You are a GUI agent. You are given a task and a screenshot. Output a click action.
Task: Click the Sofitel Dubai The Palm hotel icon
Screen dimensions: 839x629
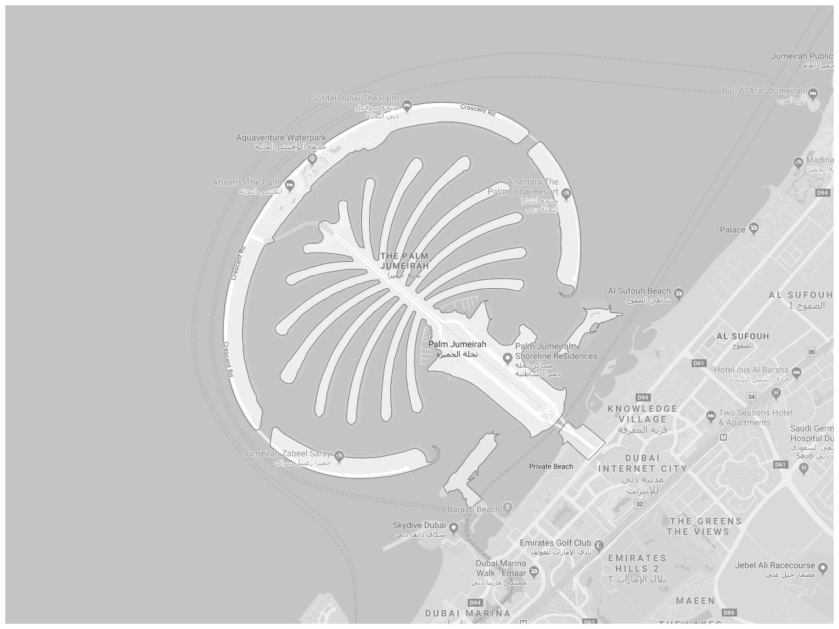[x=407, y=105]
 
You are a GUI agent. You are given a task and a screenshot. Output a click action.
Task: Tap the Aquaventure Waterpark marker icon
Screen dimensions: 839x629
[x=313, y=158]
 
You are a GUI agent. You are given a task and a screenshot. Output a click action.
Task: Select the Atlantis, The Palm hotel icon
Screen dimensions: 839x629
[x=290, y=185]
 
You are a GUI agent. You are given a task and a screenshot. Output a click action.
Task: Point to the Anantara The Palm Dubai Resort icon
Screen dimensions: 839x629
[x=566, y=193]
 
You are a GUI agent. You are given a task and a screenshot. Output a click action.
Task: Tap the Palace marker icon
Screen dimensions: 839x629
[x=754, y=229]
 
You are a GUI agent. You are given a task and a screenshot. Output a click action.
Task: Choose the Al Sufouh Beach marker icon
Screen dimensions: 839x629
[x=678, y=293]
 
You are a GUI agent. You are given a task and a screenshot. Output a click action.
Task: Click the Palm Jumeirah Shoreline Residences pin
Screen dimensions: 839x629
[x=507, y=358]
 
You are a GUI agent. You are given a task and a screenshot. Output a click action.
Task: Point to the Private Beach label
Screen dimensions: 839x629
[x=551, y=466]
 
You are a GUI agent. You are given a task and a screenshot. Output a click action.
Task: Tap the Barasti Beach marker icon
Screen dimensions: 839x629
[x=507, y=507]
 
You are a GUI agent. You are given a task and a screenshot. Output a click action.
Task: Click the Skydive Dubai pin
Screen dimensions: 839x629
[x=453, y=527]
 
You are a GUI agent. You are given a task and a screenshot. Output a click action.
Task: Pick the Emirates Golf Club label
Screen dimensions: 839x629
[x=556, y=543]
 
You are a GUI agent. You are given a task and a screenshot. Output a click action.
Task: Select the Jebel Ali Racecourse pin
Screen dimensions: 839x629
[x=822, y=566]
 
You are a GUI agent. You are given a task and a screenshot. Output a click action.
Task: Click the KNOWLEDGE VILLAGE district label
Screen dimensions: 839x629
[x=642, y=414]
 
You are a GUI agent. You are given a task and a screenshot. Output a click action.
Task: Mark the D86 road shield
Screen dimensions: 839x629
[x=728, y=613]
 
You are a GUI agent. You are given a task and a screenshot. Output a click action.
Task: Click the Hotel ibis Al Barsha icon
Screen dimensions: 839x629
[x=796, y=373]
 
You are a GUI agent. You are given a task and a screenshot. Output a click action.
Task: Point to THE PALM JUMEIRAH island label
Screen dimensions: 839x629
[x=405, y=261]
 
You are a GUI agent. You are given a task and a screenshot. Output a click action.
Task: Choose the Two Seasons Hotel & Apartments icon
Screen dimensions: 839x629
[x=711, y=416]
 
